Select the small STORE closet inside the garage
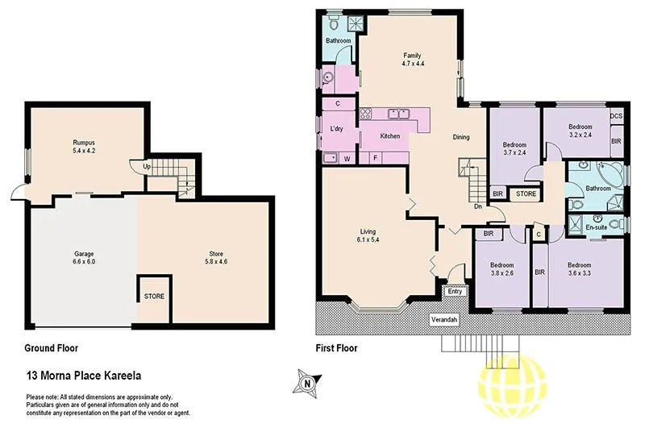tap(154, 296)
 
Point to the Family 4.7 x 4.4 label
tap(412, 60)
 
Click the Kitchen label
tap(390, 136)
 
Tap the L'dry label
tap(337, 129)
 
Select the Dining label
tap(461, 136)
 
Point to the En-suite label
tap(596, 228)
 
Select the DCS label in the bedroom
tap(616, 116)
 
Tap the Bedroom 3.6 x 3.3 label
tap(580, 269)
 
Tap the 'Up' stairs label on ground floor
tap(146, 167)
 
